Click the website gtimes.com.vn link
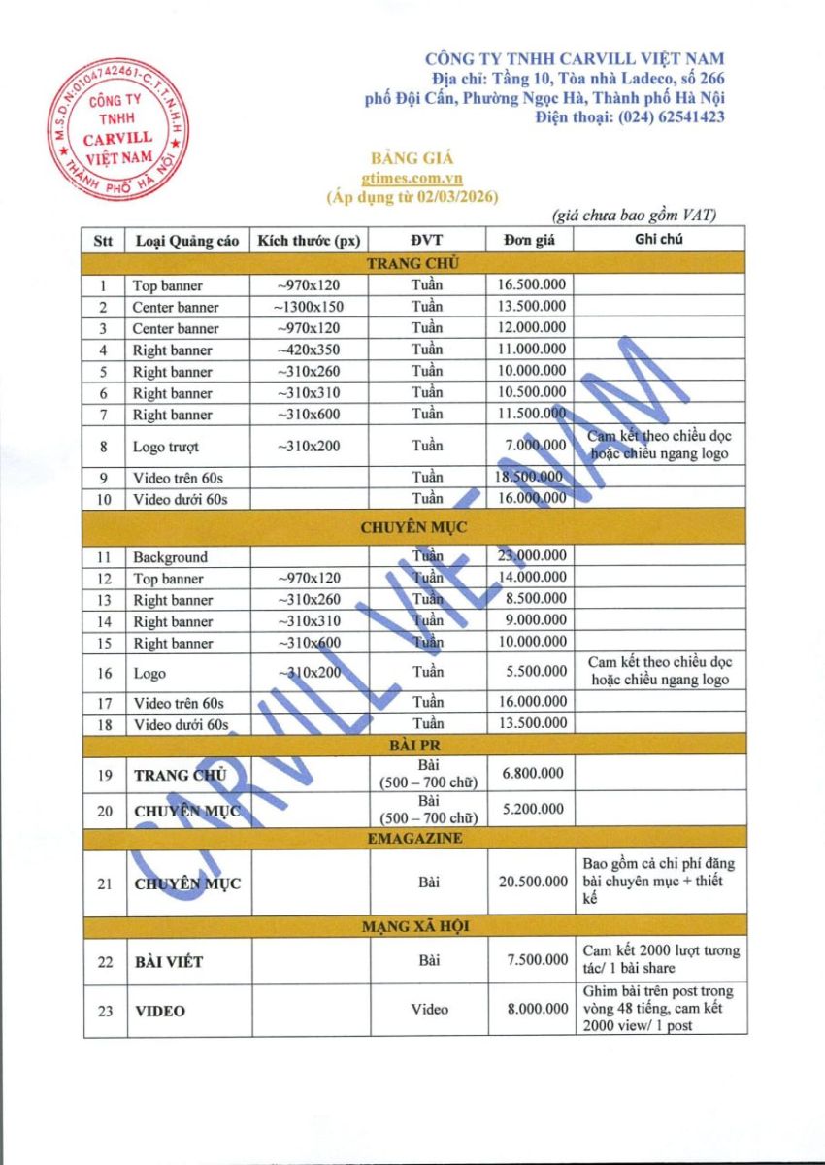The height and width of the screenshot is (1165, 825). [x=412, y=178]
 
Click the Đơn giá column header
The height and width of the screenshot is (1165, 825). [x=529, y=240]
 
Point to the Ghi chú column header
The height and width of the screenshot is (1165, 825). [x=659, y=240]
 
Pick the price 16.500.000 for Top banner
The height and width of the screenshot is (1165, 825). [x=531, y=285]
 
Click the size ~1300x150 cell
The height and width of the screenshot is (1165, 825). [x=309, y=307]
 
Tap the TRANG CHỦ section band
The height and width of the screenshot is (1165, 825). [x=412, y=262]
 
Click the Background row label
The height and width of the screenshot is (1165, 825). [x=171, y=557]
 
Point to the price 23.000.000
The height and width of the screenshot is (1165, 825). [x=531, y=556]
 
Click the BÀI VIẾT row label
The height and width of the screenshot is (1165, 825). [x=168, y=961]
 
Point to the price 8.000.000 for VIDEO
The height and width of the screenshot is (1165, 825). [x=537, y=1010]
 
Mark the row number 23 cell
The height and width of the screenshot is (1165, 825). [x=105, y=1011]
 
